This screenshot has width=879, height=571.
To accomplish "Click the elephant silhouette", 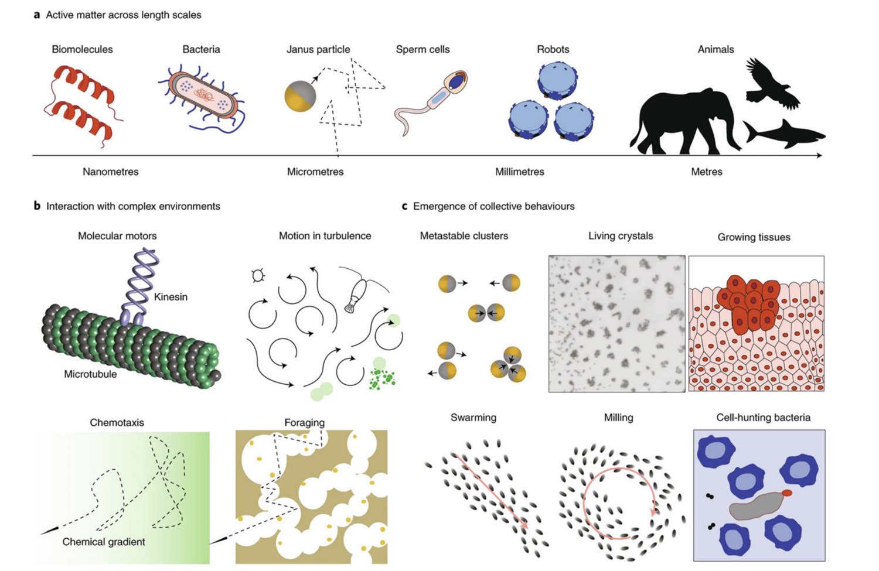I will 683,120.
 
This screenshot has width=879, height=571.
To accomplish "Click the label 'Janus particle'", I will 318,50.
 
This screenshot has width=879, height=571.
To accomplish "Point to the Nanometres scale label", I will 111,172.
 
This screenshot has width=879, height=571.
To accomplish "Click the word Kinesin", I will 171,297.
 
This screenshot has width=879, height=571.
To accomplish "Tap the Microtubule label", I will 90,374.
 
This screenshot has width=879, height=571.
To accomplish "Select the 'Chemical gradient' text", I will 104,542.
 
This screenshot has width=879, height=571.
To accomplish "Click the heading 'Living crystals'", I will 621,236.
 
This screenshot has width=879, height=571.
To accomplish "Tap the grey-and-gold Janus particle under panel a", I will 300,96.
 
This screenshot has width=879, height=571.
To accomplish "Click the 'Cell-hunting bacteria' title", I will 763,418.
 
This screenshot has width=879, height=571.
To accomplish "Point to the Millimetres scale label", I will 520,172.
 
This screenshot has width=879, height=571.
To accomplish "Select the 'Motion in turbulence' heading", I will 325,236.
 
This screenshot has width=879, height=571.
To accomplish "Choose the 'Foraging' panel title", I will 304,423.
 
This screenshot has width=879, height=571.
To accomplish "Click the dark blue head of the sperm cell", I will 456,81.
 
